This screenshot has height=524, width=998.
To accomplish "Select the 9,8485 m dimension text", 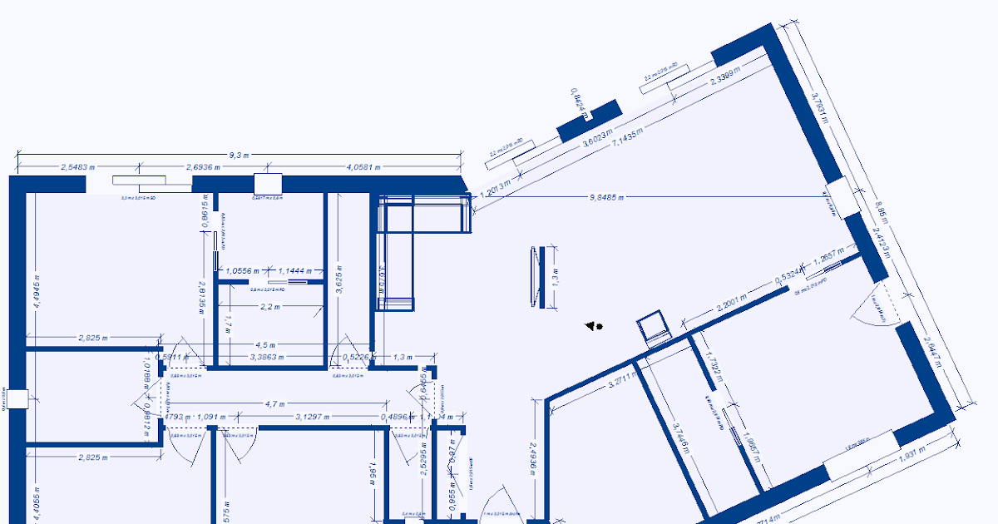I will click(x=606, y=197).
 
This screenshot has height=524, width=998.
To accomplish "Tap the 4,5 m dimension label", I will click(x=265, y=344).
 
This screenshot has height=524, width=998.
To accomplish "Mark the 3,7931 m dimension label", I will click(x=820, y=106).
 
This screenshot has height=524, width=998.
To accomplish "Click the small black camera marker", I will click(x=594, y=327).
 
